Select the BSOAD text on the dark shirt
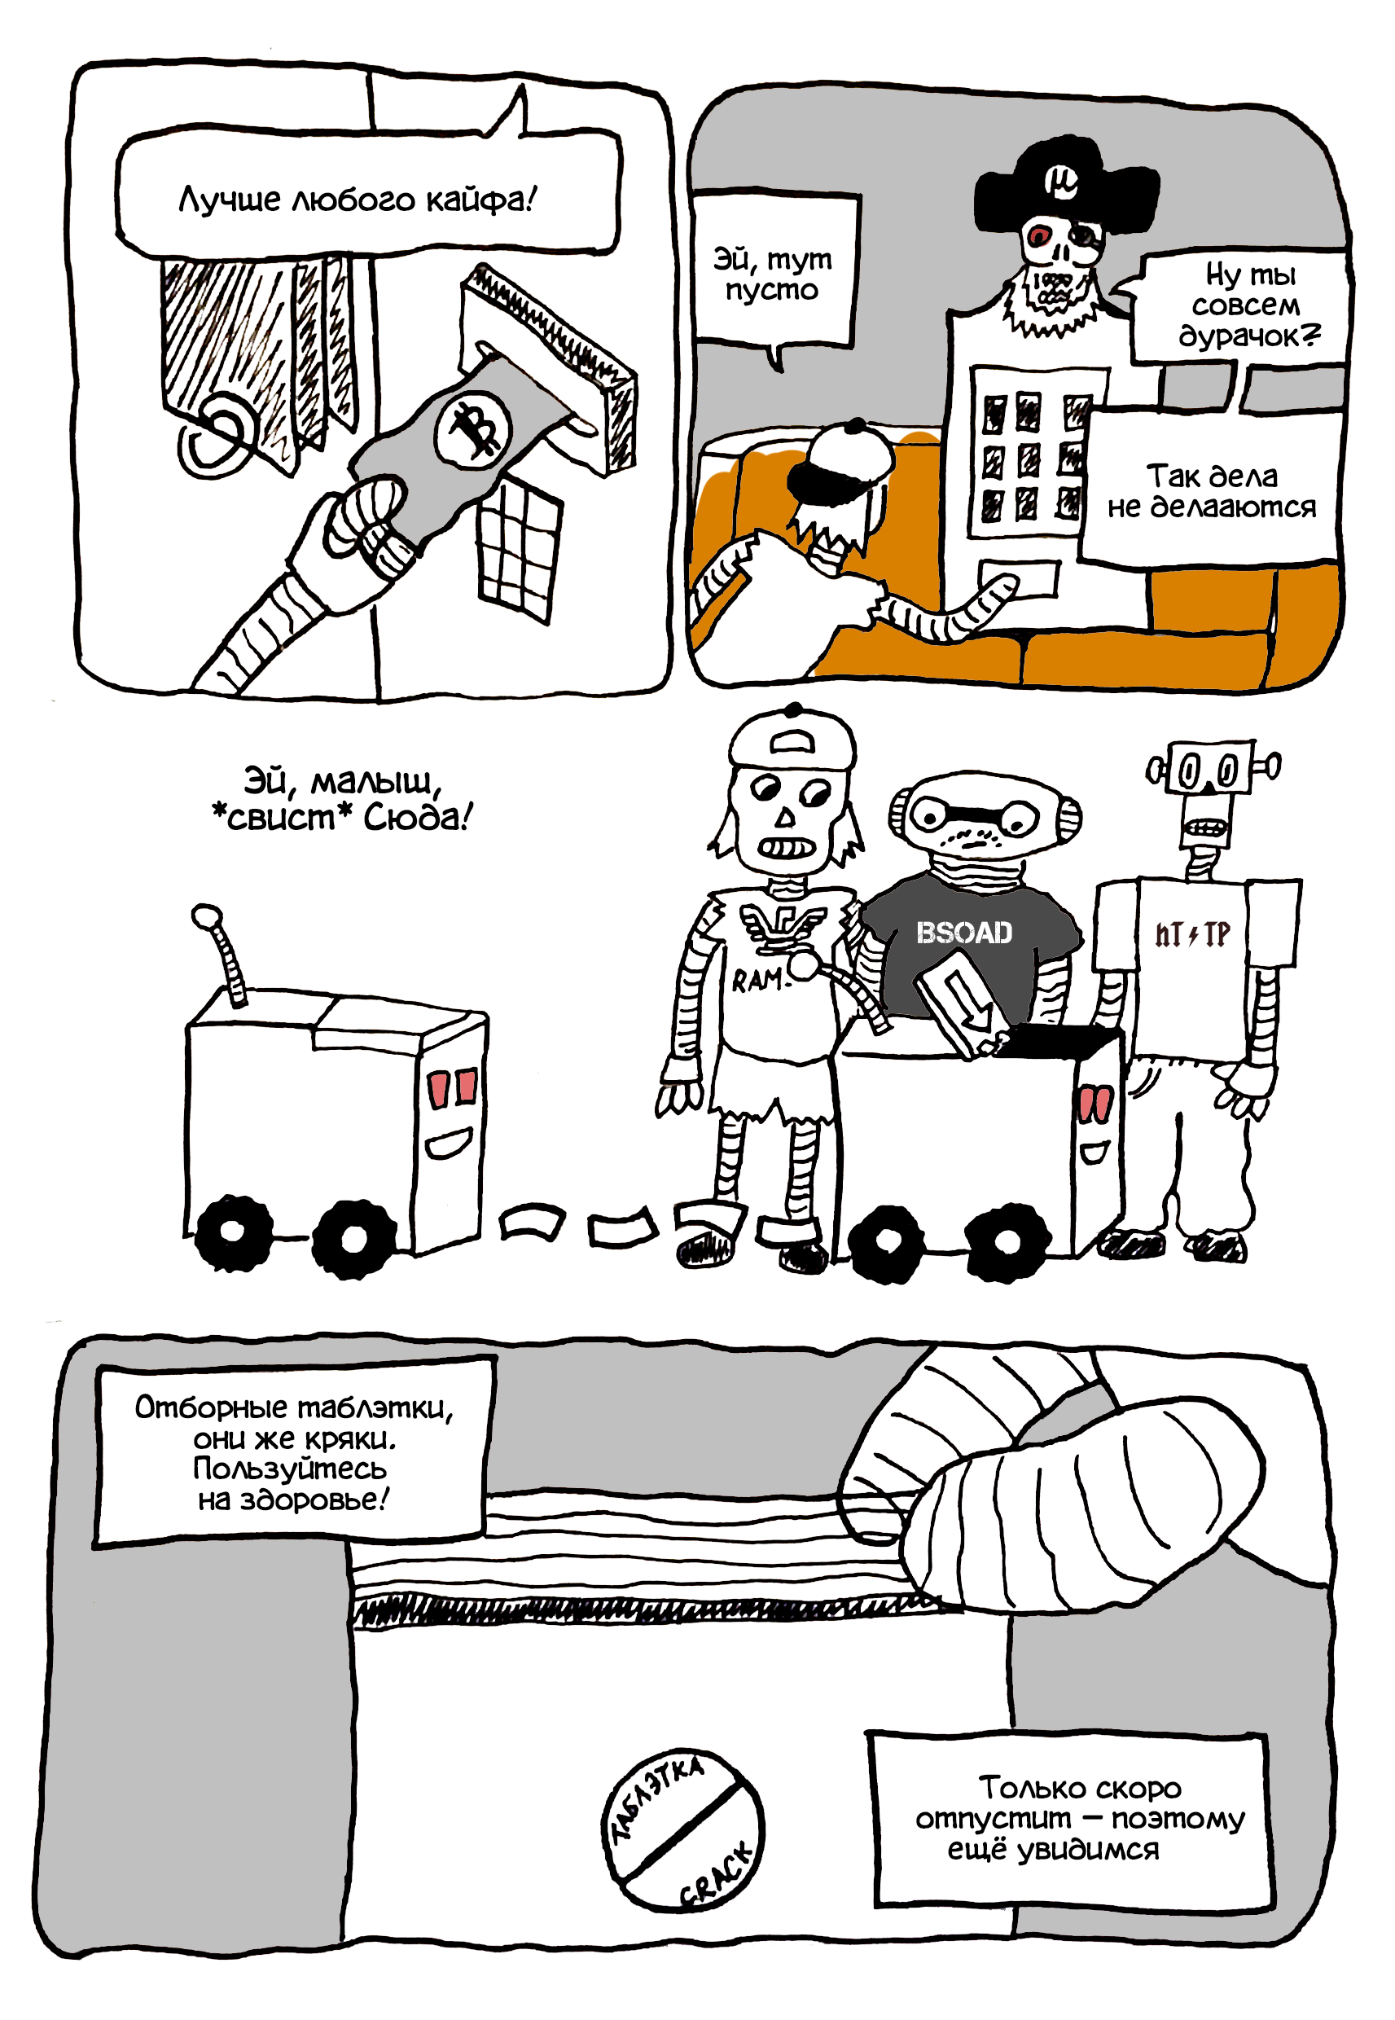(964, 933)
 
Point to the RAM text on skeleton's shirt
(756, 981)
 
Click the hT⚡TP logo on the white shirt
(1192, 934)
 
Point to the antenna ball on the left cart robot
(207, 917)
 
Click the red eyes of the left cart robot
(452, 1087)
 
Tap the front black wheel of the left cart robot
(351, 1239)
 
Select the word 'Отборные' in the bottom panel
(211, 1408)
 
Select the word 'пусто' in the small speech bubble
(771, 290)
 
